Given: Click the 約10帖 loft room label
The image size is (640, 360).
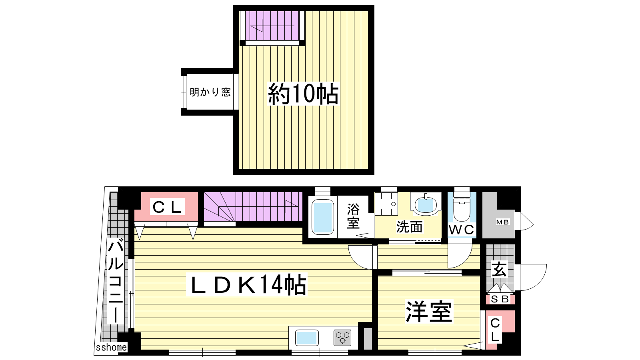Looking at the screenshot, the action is coord(303,94).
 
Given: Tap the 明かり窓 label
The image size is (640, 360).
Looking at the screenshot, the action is coord(210,92).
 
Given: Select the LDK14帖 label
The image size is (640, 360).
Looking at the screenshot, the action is coord(246,284).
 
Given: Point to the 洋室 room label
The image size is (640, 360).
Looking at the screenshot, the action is coord(428,312).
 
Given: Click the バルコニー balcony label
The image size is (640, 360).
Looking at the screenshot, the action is coord(116,282).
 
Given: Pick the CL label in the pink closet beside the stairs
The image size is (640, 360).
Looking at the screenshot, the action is coord(167,207).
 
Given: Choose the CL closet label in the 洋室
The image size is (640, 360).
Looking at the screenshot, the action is coord(495,330).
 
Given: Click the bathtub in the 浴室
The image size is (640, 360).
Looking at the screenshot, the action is coord(322,217).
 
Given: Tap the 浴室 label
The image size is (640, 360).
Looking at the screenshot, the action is coord(353,216).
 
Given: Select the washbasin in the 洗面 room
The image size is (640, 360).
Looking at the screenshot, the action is coord(426,204).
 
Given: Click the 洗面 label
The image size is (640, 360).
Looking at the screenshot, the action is coord(409,227).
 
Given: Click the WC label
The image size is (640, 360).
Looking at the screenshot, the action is coord(462,230).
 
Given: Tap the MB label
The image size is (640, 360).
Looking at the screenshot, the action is coord(502,222).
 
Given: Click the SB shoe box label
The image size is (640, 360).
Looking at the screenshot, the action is coord(500,299).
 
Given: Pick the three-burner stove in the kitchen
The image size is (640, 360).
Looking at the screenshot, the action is coord(342,338).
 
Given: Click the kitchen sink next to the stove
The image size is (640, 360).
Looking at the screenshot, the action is coord(307,338).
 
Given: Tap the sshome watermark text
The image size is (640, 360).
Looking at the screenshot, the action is coord(111,348).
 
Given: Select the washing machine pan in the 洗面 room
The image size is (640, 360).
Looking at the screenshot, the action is coord(386,204).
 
